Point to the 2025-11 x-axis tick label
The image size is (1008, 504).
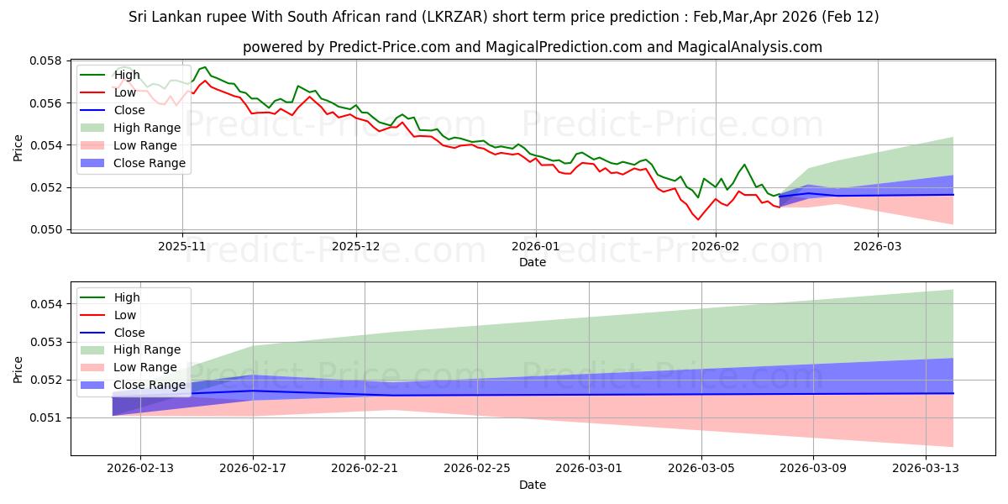tap(182, 246)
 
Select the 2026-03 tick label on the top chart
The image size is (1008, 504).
tap(878, 246)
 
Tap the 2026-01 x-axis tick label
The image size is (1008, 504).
tap(536, 246)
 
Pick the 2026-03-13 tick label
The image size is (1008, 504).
tap(927, 468)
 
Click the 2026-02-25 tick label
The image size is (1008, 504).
tap(477, 468)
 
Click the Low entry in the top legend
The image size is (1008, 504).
tap(125, 92)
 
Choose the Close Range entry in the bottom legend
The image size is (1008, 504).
tap(150, 385)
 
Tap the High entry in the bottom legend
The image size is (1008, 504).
tap(127, 297)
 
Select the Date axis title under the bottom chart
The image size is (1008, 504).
tap(533, 485)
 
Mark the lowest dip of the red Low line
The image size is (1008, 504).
tap(698, 220)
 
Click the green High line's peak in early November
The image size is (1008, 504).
tap(205, 67)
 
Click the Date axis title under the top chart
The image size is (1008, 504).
tap(533, 262)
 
